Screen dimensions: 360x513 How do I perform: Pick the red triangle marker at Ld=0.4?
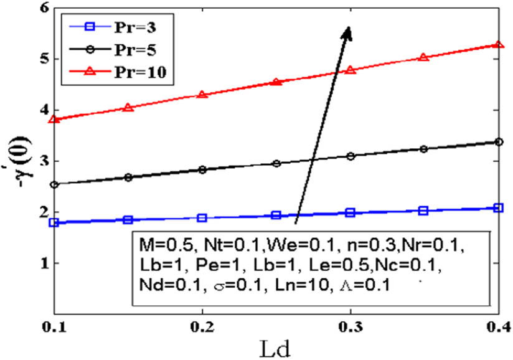[x=498, y=45]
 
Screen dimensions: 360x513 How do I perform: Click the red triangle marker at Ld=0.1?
[x=54, y=118]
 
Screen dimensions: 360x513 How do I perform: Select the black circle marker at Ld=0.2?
[x=202, y=169]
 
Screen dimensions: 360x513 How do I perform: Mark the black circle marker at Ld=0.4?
[x=498, y=142]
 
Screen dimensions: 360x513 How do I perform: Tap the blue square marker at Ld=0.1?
[x=54, y=222]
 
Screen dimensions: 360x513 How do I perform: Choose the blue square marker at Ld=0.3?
[x=351, y=212]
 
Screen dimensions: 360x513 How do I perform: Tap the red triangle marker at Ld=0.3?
[x=351, y=69]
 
